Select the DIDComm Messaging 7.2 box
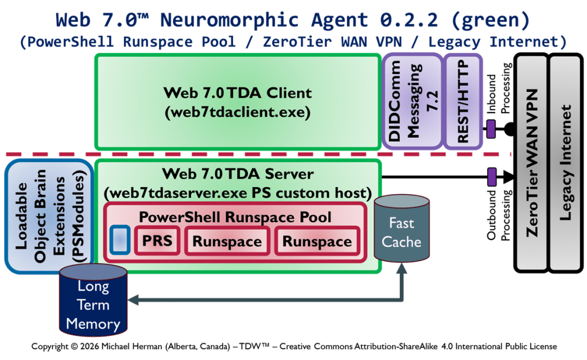click(411, 102)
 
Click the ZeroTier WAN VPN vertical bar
click(531, 162)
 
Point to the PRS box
click(157, 240)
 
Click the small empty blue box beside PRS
click(119, 240)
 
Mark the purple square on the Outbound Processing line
click(491, 175)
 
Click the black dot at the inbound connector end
click(508, 130)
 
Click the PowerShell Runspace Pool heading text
click(236, 217)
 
